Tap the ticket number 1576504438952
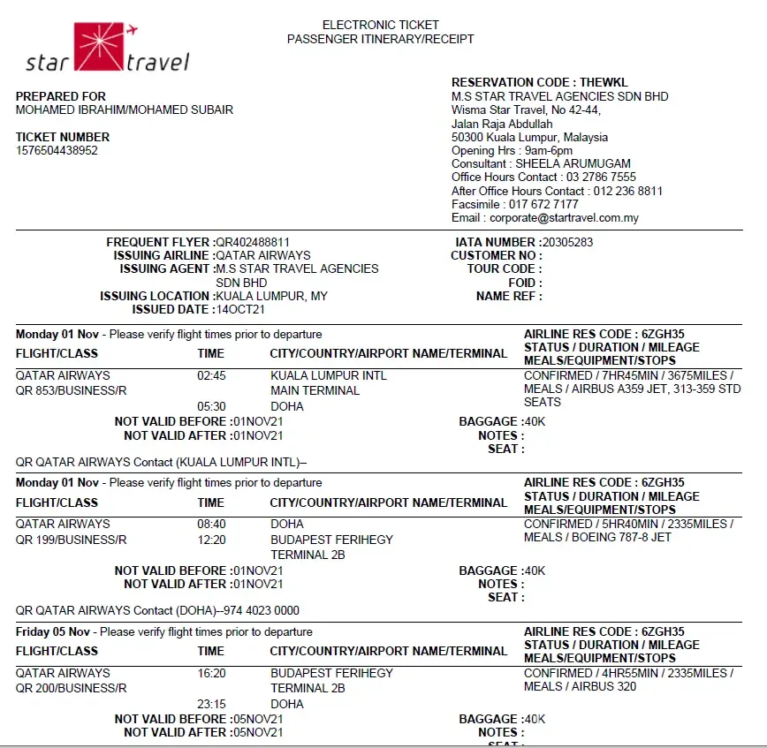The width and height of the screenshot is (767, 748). coord(57,150)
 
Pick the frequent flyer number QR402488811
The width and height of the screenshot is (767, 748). coord(253,242)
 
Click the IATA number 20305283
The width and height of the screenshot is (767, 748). coord(567,242)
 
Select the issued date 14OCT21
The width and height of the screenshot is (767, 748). coord(240,310)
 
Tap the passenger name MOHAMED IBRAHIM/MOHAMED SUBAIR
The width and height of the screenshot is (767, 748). coord(125,110)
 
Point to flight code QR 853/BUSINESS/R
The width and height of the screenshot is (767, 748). coord(72,390)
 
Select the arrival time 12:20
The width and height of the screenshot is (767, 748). coord(211,540)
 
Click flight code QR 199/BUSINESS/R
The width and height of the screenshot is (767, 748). coord(72,540)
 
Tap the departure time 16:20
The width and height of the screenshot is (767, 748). coord(211,673)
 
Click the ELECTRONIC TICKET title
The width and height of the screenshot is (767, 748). coord(380,25)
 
